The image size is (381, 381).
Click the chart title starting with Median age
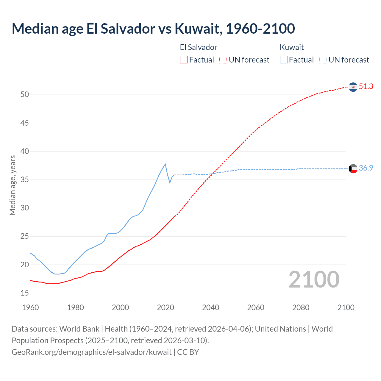pos(153,29)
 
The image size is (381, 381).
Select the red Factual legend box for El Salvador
pos(184,60)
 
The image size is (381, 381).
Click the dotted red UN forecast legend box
pos(223,60)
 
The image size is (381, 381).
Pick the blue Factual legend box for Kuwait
pos(284,60)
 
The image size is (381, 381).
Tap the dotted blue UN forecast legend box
pos(323,60)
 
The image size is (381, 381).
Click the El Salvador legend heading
pos(199,47)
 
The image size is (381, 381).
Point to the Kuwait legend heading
pos(292,47)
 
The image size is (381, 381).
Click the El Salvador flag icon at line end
pos(353,87)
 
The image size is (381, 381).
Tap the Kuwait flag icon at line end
pos(353,169)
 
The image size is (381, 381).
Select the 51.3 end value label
pos(366,87)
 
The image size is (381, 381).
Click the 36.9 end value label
pos(366,168)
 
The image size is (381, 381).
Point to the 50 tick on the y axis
pos(25,95)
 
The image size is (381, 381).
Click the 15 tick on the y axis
pos(25,293)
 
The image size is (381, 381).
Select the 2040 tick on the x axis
pos(210,307)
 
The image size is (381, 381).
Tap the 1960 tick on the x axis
pos(30,307)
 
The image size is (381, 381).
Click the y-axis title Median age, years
pos(13,185)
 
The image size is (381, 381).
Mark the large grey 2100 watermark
pos(314,279)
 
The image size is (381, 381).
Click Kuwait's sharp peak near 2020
pos(165,164)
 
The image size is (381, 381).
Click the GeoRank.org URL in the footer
pos(92,352)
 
